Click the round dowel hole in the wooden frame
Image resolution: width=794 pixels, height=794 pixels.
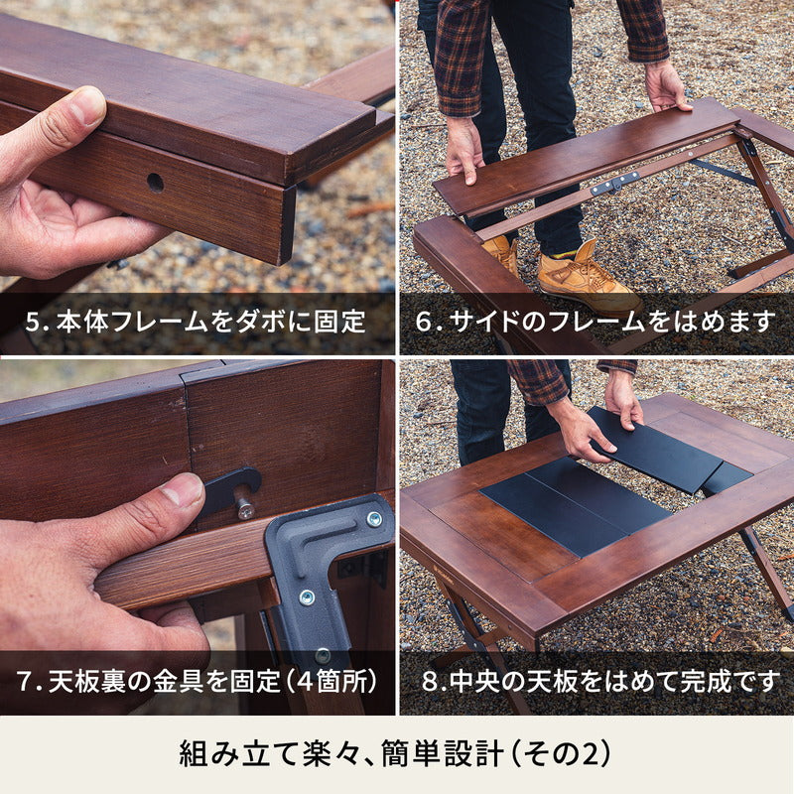pyautogui.click(x=155, y=183)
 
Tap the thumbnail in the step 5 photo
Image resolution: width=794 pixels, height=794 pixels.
pyautogui.click(x=87, y=106)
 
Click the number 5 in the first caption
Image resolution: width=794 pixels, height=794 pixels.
pyautogui.click(x=33, y=323)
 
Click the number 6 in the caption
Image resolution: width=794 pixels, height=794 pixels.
pyautogui.click(x=424, y=322)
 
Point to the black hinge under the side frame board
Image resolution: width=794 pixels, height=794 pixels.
pyautogui.click(x=614, y=183)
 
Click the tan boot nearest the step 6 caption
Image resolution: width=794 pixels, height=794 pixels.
pyautogui.click(x=588, y=276)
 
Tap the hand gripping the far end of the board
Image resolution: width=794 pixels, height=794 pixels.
pyautogui.click(x=666, y=87)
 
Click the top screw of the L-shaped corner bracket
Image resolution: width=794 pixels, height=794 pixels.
pyautogui.click(x=374, y=518)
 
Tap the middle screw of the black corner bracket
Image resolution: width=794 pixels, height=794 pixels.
pyautogui.click(x=307, y=597)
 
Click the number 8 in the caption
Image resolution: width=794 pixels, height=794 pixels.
pyautogui.click(x=430, y=682)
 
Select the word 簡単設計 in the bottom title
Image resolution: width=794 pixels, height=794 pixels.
pyautogui.click(x=441, y=754)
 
